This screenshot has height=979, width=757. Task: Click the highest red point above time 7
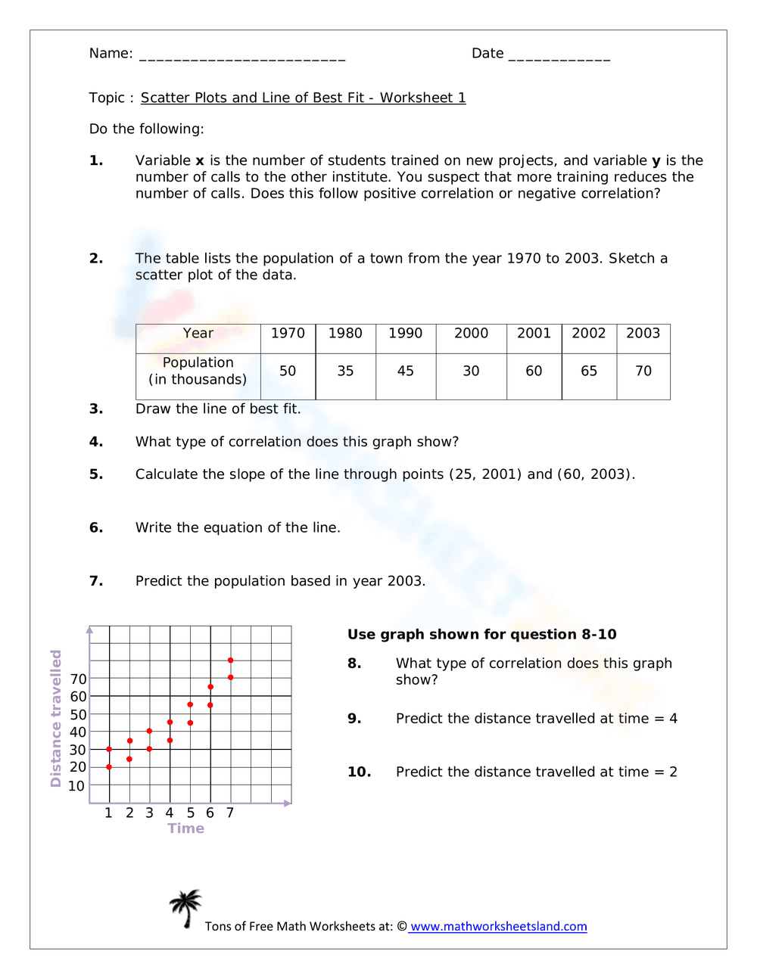coord(230,660)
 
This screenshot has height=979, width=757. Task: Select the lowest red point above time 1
coord(109,767)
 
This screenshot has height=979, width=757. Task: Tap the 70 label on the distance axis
coord(78,679)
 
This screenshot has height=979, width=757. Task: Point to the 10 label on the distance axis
coord(76,786)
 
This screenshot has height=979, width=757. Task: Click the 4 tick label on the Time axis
coord(170,813)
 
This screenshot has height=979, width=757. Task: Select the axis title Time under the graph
coord(186,828)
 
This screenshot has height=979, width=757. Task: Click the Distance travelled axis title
coord(55,718)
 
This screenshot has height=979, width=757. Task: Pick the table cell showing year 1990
coord(406,334)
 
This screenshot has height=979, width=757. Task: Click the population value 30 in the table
coord(471,371)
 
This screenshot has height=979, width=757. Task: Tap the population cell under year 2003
coord(643,371)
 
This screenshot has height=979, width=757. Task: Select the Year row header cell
coord(198,334)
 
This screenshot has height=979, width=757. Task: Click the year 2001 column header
coord(534,334)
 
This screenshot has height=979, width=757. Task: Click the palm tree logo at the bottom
coord(185,908)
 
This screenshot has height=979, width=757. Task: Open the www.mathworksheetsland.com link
coord(498,927)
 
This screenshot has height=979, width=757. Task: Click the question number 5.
coord(96,474)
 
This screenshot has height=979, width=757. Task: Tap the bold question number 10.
coord(359,772)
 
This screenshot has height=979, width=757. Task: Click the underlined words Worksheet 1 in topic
coord(422,98)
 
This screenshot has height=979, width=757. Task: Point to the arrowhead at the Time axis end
coord(288,803)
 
